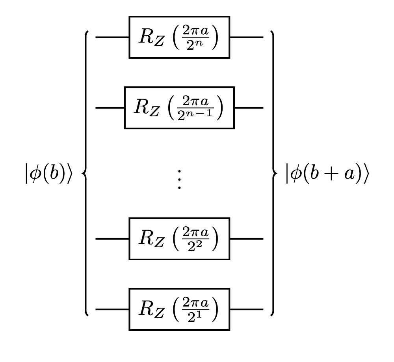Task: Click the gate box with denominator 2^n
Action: (x=179, y=37)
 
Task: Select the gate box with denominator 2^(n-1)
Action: (x=179, y=108)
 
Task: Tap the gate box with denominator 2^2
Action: (x=179, y=239)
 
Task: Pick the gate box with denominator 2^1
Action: (x=179, y=309)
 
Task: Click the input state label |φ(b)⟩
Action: (x=48, y=174)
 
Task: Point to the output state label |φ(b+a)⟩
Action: (x=327, y=174)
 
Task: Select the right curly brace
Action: (x=272, y=174)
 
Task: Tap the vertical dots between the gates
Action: (x=179, y=180)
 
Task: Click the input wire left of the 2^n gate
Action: (x=112, y=37)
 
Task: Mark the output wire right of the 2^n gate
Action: (x=246, y=37)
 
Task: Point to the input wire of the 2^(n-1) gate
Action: (x=110, y=108)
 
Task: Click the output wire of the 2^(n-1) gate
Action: (x=249, y=108)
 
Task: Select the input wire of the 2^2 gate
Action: (x=112, y=239)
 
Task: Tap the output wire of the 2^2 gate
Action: (x=246, y=239)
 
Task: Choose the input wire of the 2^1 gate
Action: (x=112, y=309)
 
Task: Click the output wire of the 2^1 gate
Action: (x=246, y=309)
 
